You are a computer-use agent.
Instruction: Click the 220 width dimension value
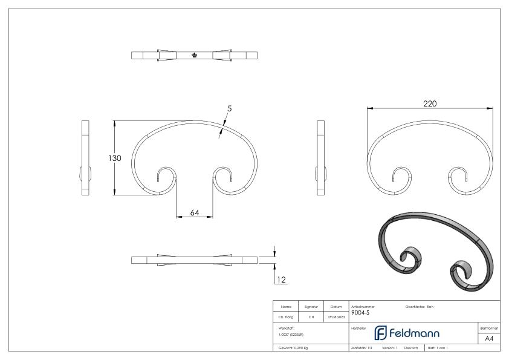click(430, 104)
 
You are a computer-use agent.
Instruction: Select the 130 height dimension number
click(115, 158)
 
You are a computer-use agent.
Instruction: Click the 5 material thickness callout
click(229, 108)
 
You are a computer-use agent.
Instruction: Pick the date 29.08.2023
click(336, 315)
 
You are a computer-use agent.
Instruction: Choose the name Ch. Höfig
click(287, 315)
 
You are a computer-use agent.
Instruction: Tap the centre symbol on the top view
click(194, 56)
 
